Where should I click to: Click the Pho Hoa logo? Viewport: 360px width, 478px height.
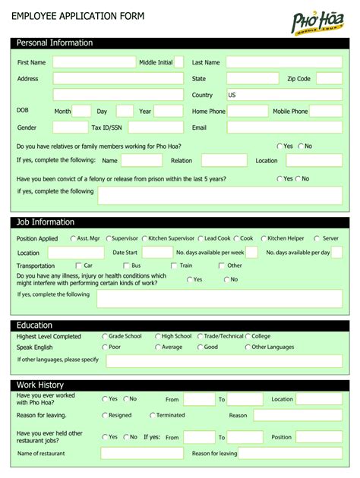[317, 20]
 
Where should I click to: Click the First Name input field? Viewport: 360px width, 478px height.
[93, 62]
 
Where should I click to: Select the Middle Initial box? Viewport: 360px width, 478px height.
[179, 62]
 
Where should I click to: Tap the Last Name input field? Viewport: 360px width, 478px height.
[283, 62]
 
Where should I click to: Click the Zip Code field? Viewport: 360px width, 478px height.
[329, 78]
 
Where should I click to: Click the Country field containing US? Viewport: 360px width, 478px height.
[283, 95]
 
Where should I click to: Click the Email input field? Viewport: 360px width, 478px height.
[283, 127]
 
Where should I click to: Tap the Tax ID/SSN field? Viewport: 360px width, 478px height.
[156, 127]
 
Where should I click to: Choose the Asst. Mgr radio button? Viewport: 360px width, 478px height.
[73, 238]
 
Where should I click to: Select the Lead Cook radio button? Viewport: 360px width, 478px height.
[200, 238]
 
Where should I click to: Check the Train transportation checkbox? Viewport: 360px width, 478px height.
[174, 266]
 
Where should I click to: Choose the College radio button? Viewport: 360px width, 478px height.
[247, 336]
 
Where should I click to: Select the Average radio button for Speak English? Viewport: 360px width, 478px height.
[156, 347]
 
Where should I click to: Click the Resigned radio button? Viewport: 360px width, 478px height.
[105, 415]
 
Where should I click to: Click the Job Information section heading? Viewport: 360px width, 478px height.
[46, 222]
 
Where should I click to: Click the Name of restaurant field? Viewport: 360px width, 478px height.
[142, 453]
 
